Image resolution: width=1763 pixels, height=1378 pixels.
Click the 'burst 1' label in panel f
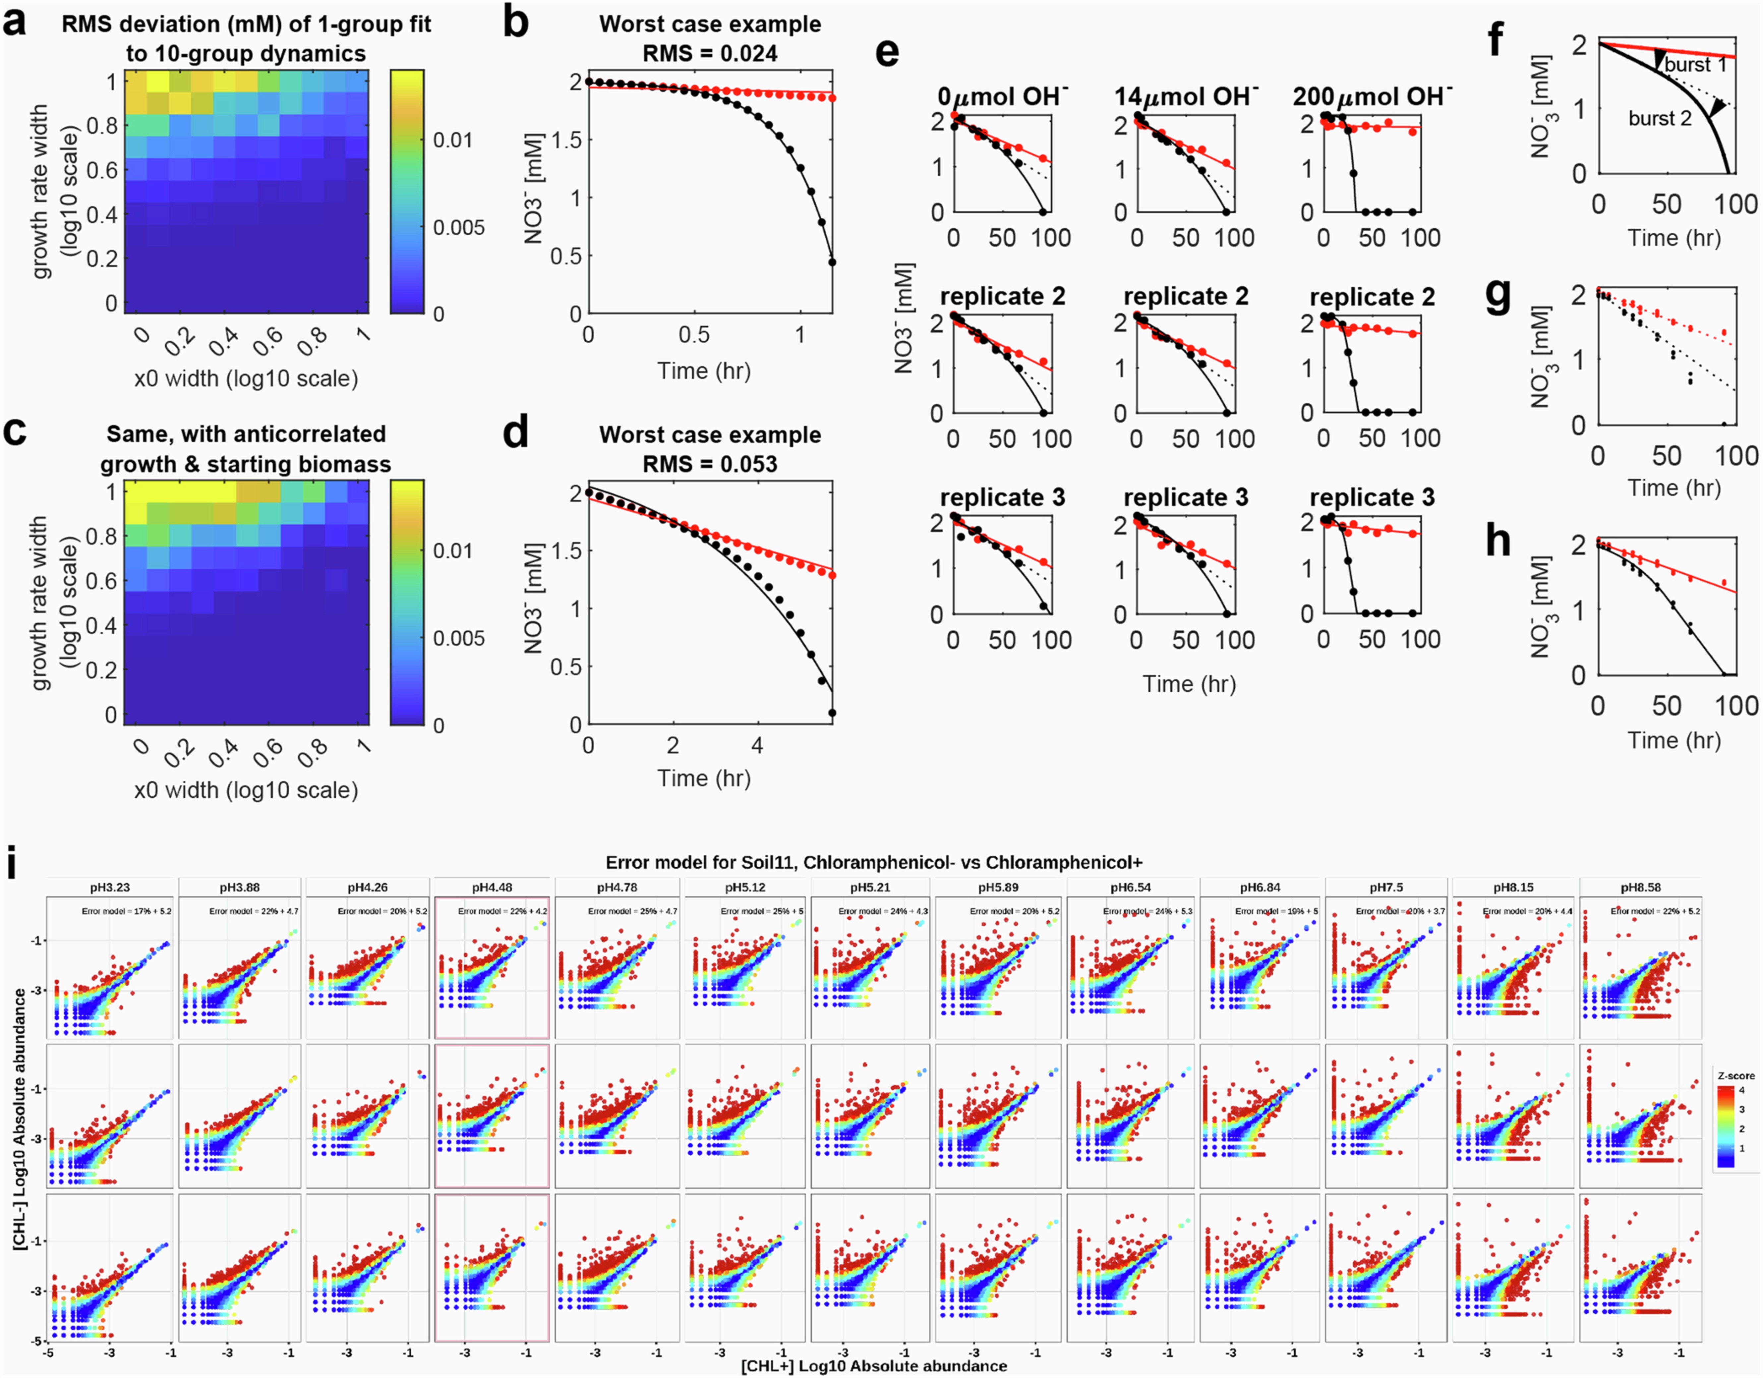pos(1695,65)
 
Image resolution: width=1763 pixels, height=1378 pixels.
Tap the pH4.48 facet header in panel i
pos(492,887)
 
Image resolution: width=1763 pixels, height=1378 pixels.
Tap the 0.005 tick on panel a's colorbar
pos(458,228)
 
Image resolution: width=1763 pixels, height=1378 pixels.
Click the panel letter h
pos(1498,541)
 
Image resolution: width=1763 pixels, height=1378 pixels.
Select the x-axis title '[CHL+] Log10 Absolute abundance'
pos(874,1366)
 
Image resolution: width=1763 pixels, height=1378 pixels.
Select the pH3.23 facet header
pos(110,887)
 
